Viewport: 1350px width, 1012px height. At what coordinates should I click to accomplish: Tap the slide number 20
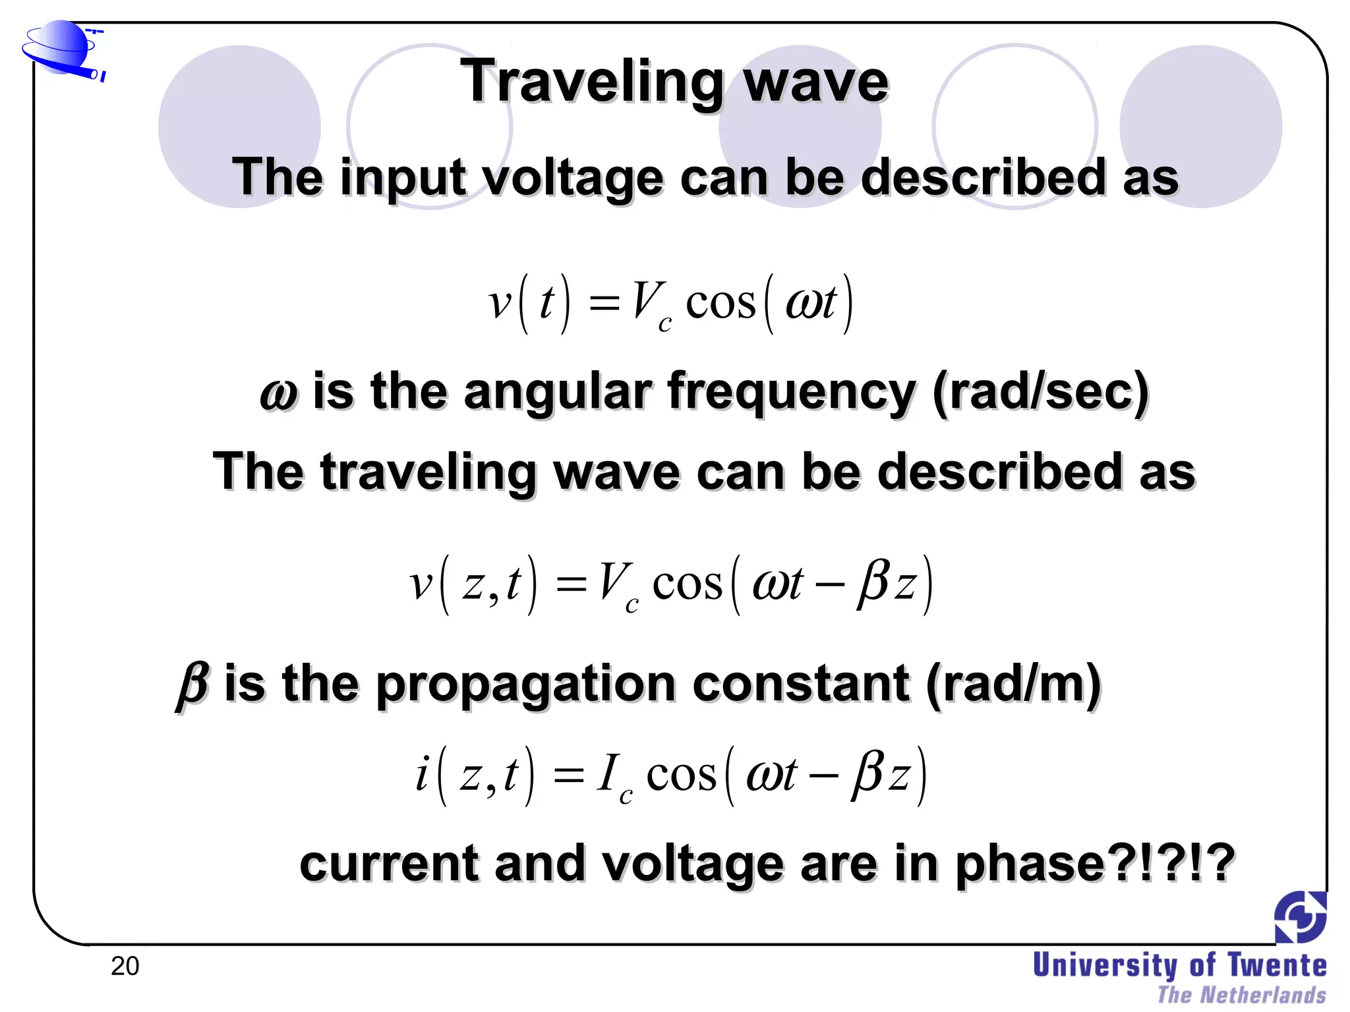click(125, 966)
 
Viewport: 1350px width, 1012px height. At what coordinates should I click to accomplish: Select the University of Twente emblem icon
click(1300, 917)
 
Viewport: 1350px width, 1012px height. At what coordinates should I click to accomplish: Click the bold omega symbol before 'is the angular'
click(278, 393)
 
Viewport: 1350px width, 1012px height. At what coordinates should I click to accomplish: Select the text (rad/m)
click(1013, 685)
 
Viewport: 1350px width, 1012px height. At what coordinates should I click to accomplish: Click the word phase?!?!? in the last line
click(1094, 863)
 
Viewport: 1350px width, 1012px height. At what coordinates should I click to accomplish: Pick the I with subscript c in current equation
click(613, 777)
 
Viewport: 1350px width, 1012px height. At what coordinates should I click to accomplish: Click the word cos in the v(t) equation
click(720, 304)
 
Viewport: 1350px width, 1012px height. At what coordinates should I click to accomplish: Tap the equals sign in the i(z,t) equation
click(568, 776)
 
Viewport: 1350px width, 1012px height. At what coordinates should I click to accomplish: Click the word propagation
click(525, 685)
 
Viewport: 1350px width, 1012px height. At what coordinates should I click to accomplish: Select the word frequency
click(791, 393)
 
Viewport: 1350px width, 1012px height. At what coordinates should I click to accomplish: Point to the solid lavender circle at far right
click(1200, 126)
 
